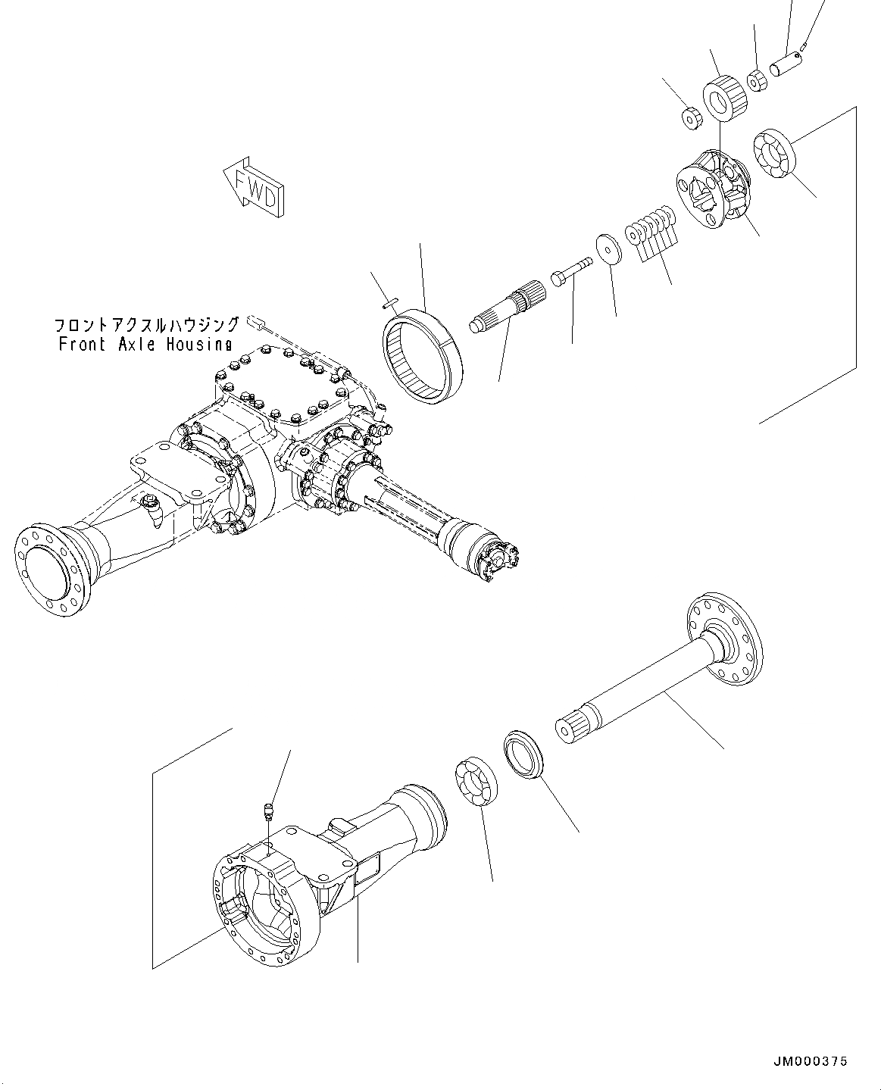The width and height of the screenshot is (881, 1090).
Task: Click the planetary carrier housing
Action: click(x=712, y=189)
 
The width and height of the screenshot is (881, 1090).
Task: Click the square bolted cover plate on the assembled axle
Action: click(x=284, y=386)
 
